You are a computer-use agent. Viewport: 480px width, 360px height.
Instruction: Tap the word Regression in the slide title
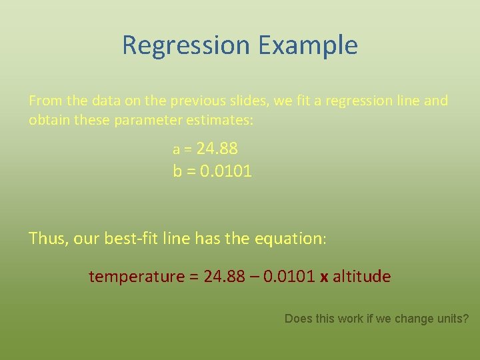coord(186,46)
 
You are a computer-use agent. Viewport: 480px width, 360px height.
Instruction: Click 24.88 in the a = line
coord(217,148)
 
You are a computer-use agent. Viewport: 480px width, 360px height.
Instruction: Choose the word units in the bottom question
coord(453,319)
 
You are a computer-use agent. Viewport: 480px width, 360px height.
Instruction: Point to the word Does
coord(299,319)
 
